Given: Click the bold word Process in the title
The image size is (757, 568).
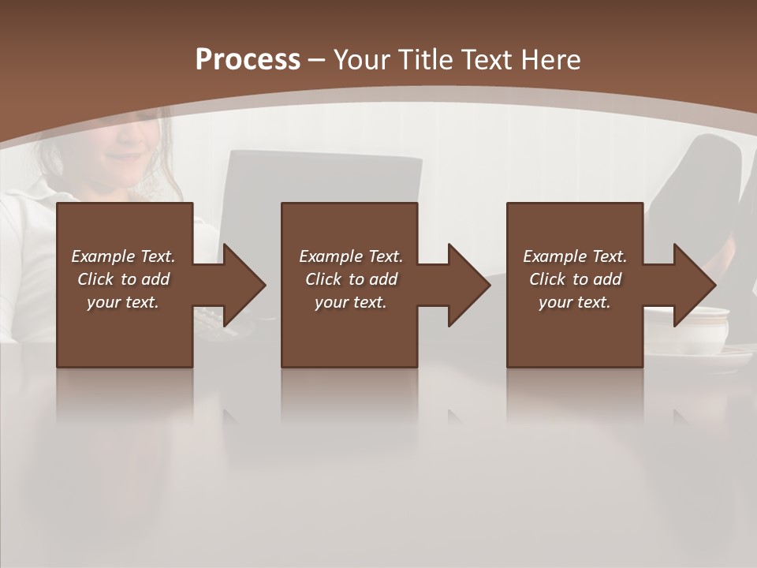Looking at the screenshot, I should click(248, 60).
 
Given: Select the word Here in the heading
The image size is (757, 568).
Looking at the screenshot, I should click(551, 60).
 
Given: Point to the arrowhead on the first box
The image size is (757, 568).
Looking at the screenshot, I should click(241, 285).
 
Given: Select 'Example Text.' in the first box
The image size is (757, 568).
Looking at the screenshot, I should click(123, 256).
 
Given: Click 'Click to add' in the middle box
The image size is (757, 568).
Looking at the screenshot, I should click(351, 279).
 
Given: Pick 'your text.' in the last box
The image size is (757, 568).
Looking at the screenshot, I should click(574, 302).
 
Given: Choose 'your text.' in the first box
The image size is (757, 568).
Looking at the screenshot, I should click(123, 302).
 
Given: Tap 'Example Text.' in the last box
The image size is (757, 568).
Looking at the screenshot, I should click(574, 256).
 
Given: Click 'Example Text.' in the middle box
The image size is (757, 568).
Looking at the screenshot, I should click(351, 256).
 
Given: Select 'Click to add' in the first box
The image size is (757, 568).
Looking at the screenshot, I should click(123, 279).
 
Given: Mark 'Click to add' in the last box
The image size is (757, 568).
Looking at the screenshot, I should click(575, 279).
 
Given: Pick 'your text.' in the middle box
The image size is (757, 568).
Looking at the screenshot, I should click(351, 302).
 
